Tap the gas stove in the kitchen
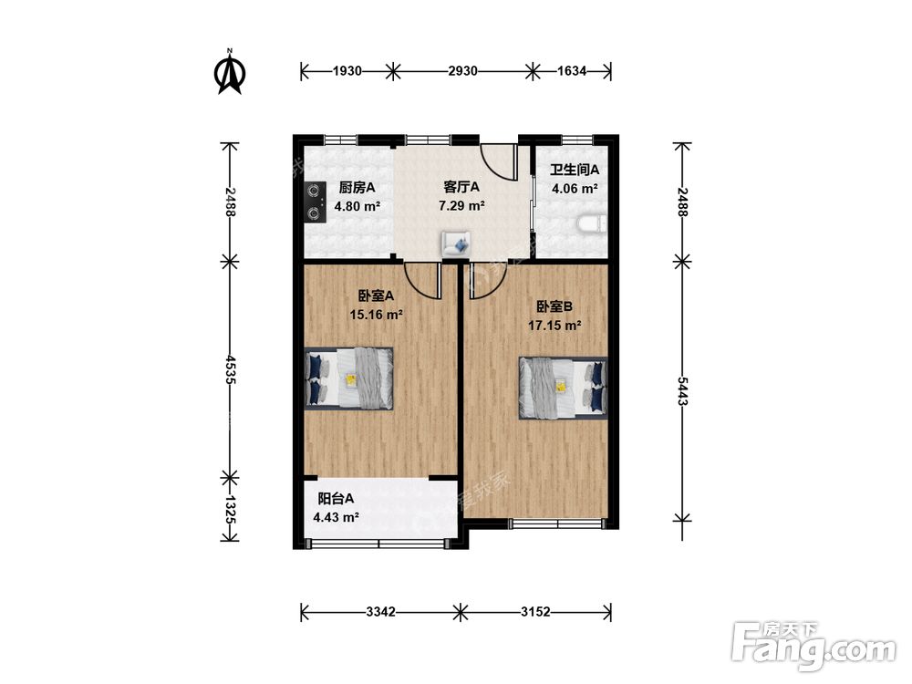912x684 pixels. tap(316, 202)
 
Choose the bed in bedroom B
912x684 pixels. tap(563, 388)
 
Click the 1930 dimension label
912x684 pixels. tap(347, 71)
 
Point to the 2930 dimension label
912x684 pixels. tap(463, 71)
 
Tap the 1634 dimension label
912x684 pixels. tap(572, 71)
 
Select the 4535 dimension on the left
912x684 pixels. tap(230, 370)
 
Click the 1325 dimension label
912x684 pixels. tap(230, 510)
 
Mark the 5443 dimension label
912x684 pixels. tap(682, 391)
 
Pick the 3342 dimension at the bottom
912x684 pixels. tap(381, 612)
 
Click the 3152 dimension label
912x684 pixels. tap(535, 612)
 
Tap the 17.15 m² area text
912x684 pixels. tap(554, 326)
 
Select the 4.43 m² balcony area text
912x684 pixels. tap(336, 517)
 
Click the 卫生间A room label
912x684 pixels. tap(575, 170)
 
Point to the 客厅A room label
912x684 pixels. tap(461, 187)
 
